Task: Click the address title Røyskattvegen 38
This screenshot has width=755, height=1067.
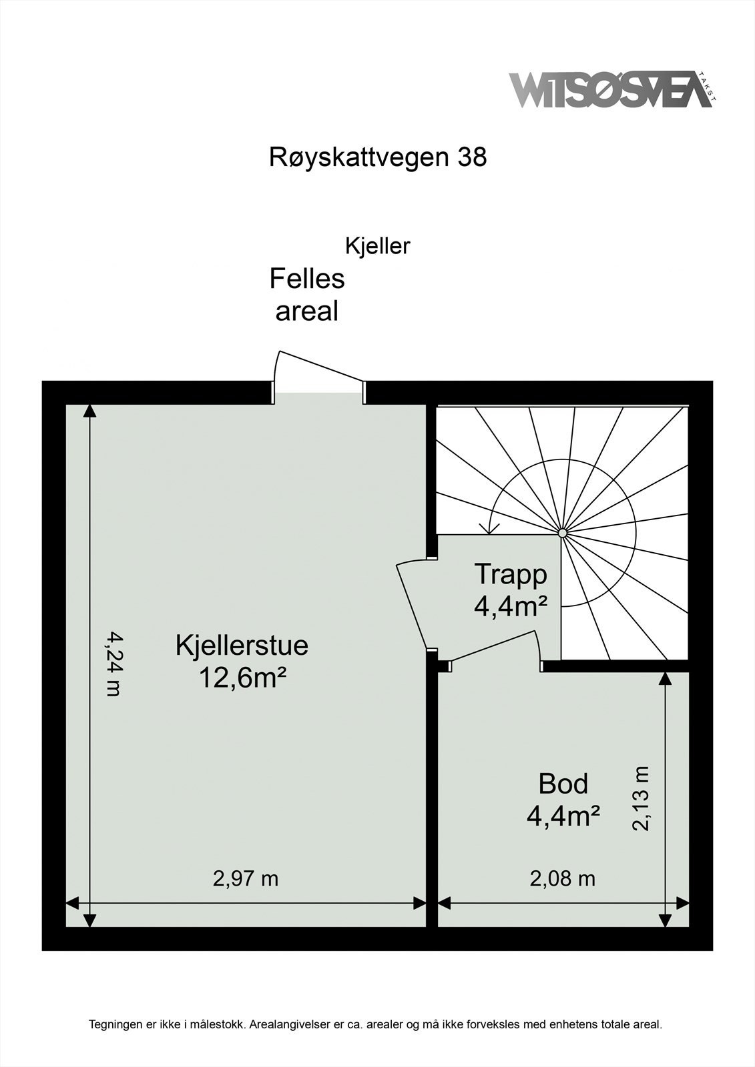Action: (378, 157)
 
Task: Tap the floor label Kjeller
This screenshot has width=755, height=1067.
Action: (377, 246)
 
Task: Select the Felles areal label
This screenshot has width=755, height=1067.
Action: (307, 295)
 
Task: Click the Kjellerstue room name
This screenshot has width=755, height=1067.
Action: (242, 646)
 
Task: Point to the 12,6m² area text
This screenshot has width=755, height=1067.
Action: (242, 678)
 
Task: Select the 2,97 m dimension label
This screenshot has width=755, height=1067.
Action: (245, 878)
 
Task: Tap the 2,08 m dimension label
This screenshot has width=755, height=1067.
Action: (562, 878)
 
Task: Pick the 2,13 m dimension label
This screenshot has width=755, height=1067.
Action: (641, 798)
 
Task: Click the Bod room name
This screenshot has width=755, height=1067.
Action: (563, 784)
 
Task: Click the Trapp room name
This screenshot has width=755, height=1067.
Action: (511, 574)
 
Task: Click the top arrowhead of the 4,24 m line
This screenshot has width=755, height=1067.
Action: (88, 411)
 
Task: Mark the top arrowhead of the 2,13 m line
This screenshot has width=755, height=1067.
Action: (665, 678)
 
